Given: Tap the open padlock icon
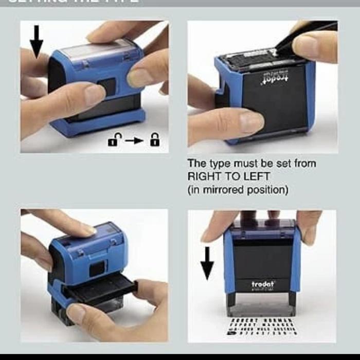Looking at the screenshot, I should pyautogui.click(x=113, y=140).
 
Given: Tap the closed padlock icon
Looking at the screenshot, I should pyautogui.click(x=155, y=139).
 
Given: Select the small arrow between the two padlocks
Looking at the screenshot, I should pyautogui.click(x=134, y=140).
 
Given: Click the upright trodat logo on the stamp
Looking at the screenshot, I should pyautogui.click(x=263, y=283).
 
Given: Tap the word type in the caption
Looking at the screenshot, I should pyautogui.click(x=218, y=164).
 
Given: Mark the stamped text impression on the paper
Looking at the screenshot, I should pyautogui.click(x=262, y=327).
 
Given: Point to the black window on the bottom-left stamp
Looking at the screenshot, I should pyautogui.click(x=97, y=268).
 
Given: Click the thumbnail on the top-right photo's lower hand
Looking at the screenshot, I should pyautogui.click(x=251, y=122).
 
